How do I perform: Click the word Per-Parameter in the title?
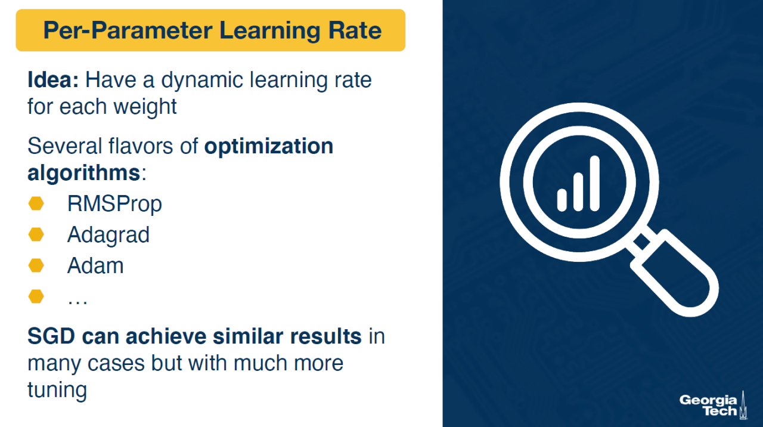pyautogui.click(x=128, y=30)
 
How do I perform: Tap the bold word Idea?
pyautogui.click(x=53, y=80)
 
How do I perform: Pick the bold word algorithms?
pyautogui.click(x=84, y=173)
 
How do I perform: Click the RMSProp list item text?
pyautogui.click(x=114, y=205)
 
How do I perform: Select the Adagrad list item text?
pyautogui.click(x=108, y=236)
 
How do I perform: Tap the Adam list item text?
pyautogui.click(x=95, y=266)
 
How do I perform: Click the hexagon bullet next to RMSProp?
pyautogui.click(x=36, y=204)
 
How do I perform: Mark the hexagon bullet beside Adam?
pyautogui.click(x=36, y=265)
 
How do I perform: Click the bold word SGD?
pyautogui.click(x=51, y=337)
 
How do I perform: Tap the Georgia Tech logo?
pyautogui.click(x=714, y=406)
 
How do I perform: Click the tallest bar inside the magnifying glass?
pyautogui.click(x=595, y=183)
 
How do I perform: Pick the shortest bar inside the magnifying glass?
pyautogui.click(x=562, y=200)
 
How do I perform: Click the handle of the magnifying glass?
pyautogui.click(x=674, y=273)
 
